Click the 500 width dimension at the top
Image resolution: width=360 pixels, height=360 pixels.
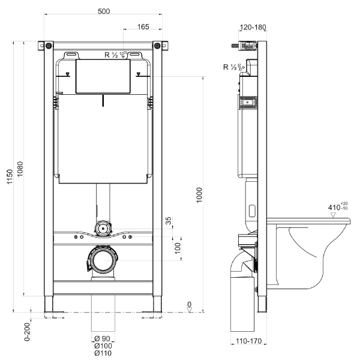104,11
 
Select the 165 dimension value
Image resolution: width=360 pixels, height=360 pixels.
143,27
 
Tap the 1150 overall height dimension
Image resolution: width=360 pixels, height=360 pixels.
10,176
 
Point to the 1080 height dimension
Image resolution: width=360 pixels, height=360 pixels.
20,169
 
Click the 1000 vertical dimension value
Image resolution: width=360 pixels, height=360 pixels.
199,195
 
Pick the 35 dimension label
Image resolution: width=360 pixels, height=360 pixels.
169,221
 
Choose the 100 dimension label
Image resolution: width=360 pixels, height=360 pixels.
178,248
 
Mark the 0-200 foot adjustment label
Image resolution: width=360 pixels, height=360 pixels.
27,332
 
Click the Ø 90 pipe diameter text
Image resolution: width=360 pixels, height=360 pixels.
103,338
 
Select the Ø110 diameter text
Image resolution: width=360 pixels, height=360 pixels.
103,353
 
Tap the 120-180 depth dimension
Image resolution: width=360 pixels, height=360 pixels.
253,28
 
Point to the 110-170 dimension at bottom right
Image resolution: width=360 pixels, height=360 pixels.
248,341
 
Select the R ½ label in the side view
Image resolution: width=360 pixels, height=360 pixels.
230,67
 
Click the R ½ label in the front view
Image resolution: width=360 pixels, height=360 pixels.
111,55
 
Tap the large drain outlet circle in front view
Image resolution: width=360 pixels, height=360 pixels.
103,260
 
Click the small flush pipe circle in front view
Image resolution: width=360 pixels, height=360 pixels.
103,229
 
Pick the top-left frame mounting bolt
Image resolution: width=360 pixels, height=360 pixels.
49,46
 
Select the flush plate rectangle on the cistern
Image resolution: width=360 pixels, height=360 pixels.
103,76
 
